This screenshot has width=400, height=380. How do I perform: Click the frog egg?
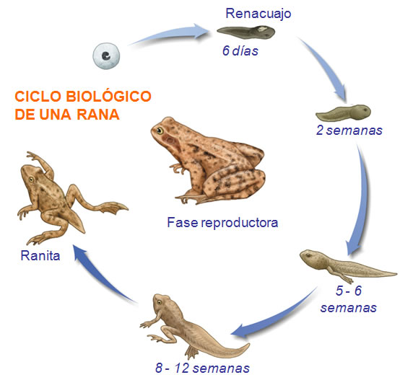coord(106,56)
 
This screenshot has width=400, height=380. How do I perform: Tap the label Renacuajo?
coord(258,13)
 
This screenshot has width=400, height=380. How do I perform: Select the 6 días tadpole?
coord(246,32)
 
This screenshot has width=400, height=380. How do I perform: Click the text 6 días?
coord(240,50)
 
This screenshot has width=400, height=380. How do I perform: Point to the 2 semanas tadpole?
coord(343,112)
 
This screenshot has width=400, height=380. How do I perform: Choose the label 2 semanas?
coord(349,130)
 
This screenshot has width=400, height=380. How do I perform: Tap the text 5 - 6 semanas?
coord(349,299)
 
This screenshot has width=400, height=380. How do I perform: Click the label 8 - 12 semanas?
coord(202,368)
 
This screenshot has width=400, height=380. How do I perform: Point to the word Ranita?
coord(40,255)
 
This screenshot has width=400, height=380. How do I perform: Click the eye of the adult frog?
coord(160,131)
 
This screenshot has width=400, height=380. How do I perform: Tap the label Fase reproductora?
coord(222,222)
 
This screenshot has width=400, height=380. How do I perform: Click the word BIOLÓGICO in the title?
coord(108,97)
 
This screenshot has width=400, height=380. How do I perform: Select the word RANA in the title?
coord(98,115)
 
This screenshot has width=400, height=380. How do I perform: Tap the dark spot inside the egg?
coord(106,56)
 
